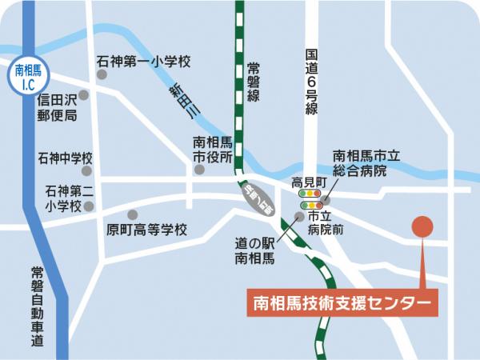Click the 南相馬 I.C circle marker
click(30, 77)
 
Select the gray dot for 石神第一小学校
click(102, 74)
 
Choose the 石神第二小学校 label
click(65, 198)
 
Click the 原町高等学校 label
click(146, 230)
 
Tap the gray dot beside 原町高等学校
click(132, 214)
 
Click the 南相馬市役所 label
click(213, 150)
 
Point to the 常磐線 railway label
click(254, 82)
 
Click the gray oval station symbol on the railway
click(256, 198)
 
